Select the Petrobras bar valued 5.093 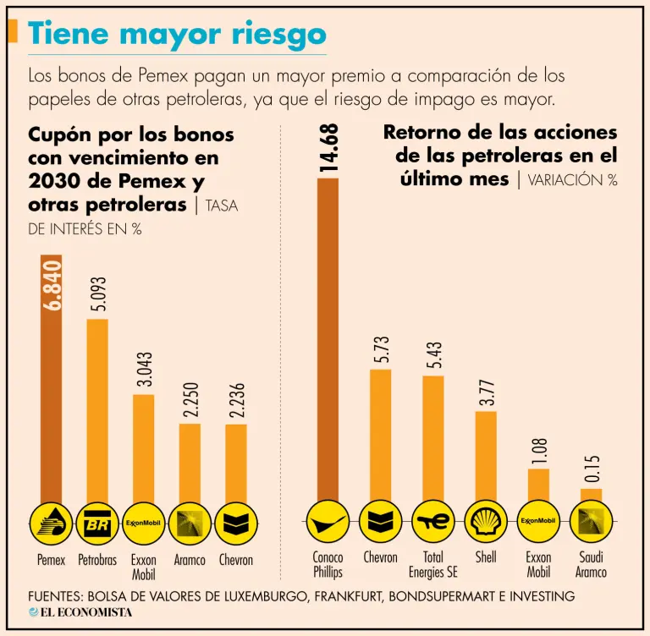tap(97, 409)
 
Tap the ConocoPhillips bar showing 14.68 tap(328, 338)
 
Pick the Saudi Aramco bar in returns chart tap(591, 494)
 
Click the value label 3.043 tap(145, 369)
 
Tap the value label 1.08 tap(539, 451)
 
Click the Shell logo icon tap(486, 522)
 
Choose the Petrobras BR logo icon tap(97, 523)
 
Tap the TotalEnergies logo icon tap(433, 522)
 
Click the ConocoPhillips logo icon tap(328, 522)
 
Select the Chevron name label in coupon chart tap(236, 560)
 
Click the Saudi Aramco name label tap(591, 565)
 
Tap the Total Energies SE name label tap(433, 565)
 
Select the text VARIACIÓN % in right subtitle tap(572, 179)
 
